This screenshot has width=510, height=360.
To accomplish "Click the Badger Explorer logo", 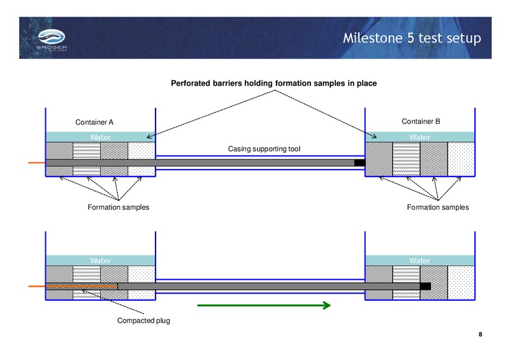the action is (52, 40).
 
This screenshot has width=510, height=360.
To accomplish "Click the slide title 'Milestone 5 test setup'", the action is (412, 38).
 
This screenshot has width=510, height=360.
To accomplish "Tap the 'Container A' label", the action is (94, 122).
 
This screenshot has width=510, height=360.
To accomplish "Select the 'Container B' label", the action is (421, 121).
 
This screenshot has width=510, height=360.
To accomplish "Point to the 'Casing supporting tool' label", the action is (264, 149).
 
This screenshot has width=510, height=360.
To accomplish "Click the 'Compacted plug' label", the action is (143, 320).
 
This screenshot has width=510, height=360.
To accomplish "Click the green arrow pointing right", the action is (264, 305).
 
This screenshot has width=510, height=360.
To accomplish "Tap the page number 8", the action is (481, 335).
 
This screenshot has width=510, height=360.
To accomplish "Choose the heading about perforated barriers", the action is (274, 83).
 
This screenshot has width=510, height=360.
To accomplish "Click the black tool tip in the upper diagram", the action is (360, 163).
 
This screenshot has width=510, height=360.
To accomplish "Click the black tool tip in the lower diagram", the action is (425, 286).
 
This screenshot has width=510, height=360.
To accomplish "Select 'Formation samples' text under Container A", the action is (119, 208).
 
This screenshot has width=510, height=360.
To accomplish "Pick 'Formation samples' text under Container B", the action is (438, 208).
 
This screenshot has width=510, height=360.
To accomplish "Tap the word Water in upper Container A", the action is (101, 137).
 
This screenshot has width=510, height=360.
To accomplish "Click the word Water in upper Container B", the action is (420, 137).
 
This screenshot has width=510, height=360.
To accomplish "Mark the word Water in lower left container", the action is (101, 261).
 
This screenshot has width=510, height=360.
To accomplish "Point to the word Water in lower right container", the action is (420, 261).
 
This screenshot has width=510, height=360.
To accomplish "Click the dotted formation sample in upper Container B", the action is (461, 159).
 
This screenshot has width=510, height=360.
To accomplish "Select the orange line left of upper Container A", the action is (37, 162).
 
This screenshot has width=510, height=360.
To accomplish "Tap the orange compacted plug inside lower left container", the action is (82, 286).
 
